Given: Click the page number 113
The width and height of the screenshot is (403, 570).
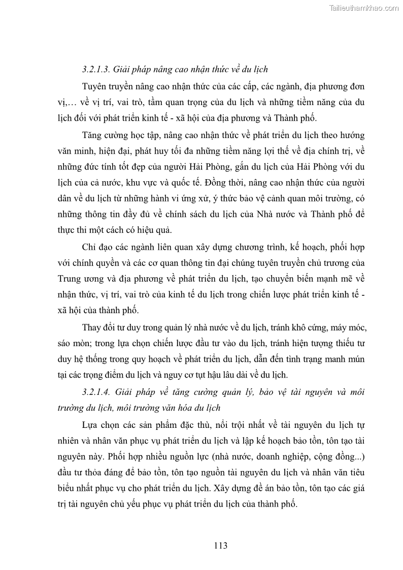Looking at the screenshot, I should (x=220, y=546).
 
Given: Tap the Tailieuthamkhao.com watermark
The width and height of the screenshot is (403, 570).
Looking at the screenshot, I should (x=364, y=8).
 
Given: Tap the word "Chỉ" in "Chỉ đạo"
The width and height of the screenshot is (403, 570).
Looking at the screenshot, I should (x=88, y=247).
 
